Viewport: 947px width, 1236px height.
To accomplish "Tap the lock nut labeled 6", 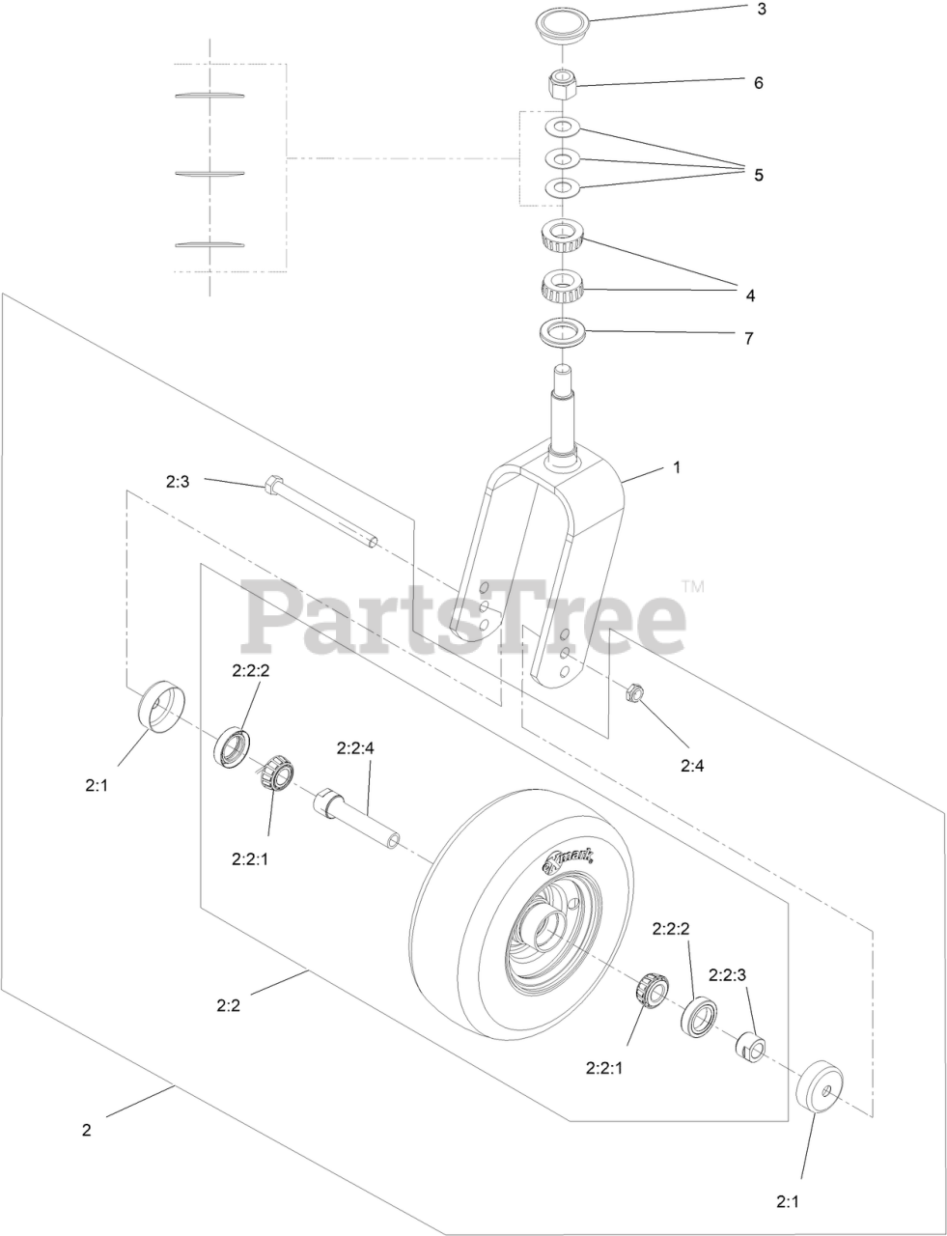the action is pyautogui.click(x=561, y=87).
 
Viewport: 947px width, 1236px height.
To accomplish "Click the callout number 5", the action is pyautogui.click(x=759, y=175).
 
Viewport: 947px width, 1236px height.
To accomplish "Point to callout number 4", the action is pyautogui.click(x=749, y=295).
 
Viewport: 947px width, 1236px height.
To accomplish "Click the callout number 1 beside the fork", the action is pyautogui.click(x=677, y=466).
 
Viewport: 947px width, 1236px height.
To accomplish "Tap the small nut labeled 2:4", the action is pyautogui.click(x=635, y=691).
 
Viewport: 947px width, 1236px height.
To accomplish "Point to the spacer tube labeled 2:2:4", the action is pyautogui.click(x=357, y=818).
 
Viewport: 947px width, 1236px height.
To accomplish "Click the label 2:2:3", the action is pyautogui.click(x=728, y=975).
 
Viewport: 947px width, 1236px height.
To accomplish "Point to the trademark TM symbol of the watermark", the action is pyautogui.click(x=692, y=586).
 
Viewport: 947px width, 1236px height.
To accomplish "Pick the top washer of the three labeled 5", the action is pyautogui.click(x=561, y=126).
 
